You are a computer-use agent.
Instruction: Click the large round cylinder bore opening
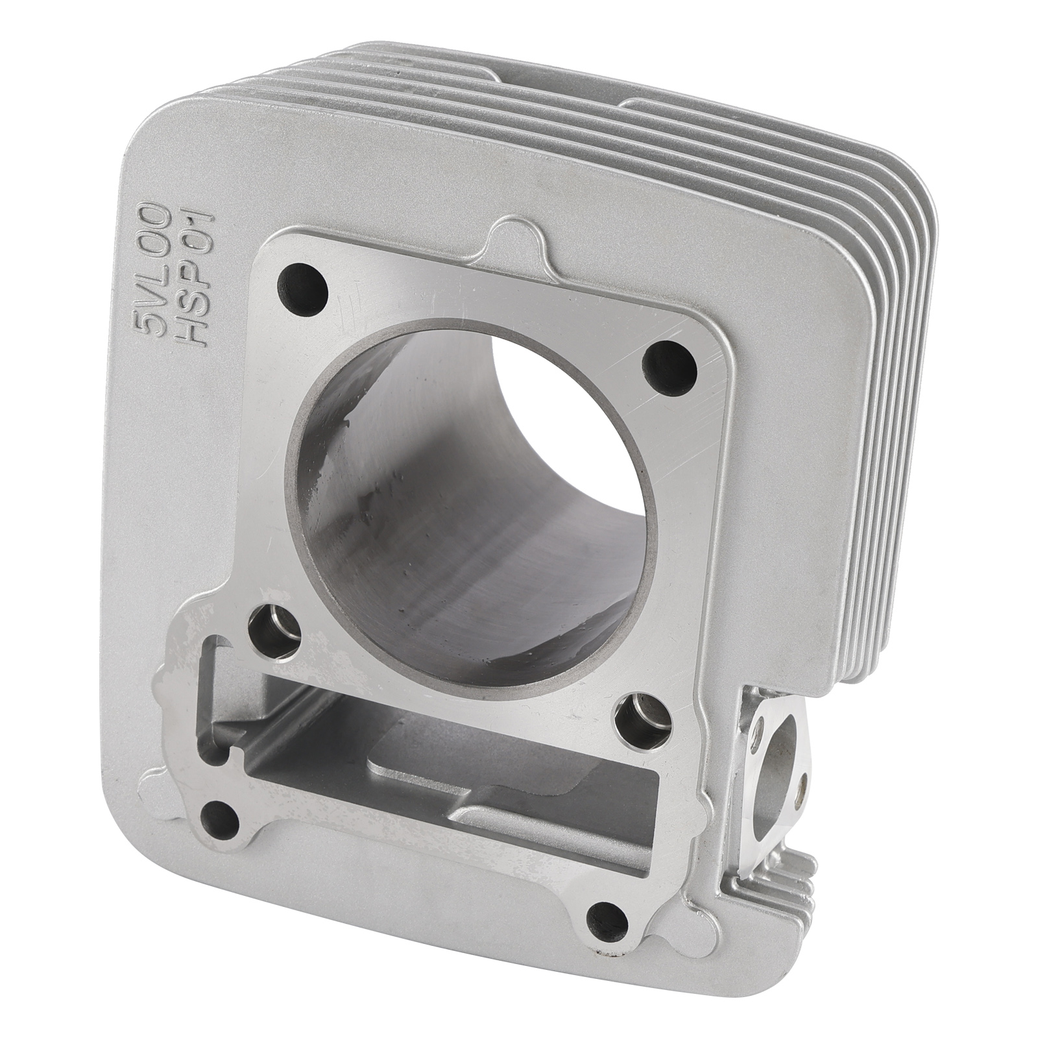point(462,477)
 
